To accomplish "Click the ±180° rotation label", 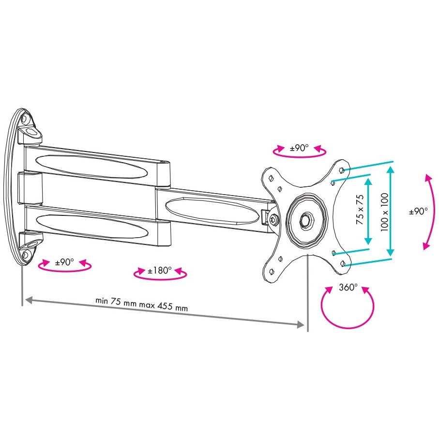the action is (160, 271).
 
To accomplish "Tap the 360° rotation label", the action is (348, 287).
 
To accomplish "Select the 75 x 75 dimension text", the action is (360, 210).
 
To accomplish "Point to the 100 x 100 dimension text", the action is (384, 212).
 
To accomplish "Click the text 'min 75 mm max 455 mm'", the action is (142, 304).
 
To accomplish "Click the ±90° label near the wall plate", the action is (64, 262).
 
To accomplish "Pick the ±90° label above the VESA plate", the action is (299, 148).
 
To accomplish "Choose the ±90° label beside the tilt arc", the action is (418, 211).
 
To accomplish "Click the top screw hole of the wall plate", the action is (24, 119).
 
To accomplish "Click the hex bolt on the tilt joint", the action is (273, 219).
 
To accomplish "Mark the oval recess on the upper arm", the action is (91, 167).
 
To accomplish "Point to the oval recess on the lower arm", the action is (92, 226).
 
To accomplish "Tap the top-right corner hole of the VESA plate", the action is (341, 170).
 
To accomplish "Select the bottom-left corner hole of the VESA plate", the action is (272, 271).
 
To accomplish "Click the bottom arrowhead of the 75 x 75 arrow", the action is (368, 241).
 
